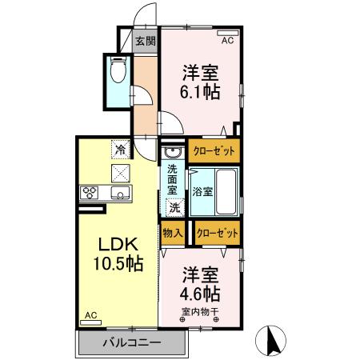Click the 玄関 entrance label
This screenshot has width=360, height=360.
pos(145,42)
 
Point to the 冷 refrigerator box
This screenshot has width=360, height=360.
pos(120,149)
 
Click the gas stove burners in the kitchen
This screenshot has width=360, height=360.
pos(89,192)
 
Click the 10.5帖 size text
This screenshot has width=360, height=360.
pos(112,263)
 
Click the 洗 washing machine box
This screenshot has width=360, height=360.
pos(174,206)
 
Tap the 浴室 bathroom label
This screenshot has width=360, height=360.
pos(202,192)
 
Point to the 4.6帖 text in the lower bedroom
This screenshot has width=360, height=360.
pos(201,293)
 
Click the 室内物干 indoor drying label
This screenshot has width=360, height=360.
pos(200,312)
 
